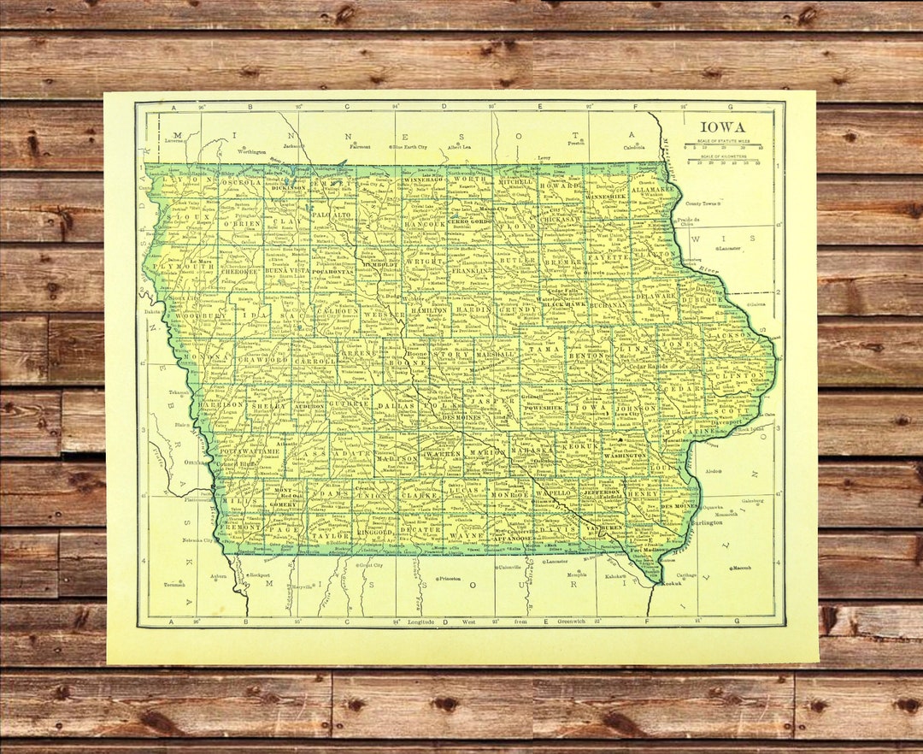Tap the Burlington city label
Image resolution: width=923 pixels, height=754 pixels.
coord(708,521)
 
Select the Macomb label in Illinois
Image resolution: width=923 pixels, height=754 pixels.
coord(742,568)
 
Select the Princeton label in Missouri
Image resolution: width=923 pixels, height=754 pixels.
coord(450,579)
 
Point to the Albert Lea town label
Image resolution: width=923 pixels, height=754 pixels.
coord(459,147)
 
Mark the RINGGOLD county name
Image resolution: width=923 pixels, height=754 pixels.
coord(352,531)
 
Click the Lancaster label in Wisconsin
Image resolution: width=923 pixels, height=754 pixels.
coord(728,248)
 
